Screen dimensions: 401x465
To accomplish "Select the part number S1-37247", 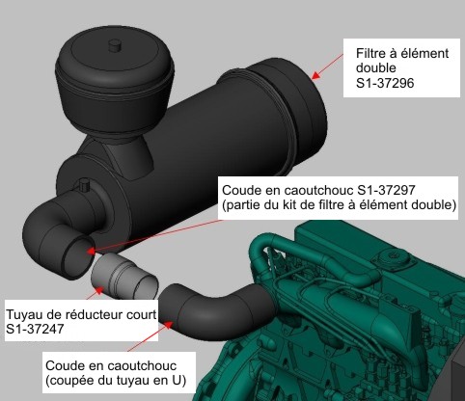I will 38,330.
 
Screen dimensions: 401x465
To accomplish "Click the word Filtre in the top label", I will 373,53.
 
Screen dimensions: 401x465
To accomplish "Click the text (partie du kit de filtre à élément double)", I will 339,205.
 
